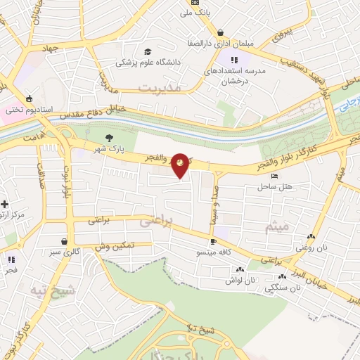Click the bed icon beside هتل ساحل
[274, 176]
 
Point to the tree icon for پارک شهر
[108, 138]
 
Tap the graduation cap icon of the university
[148, 51]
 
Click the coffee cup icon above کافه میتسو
[213, 241]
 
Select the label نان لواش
[239, 280]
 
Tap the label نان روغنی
[310, 247]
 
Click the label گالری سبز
[63, 252]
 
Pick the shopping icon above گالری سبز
[63, 240]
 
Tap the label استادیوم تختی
[24, 110]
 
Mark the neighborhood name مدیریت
[160, 89]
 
